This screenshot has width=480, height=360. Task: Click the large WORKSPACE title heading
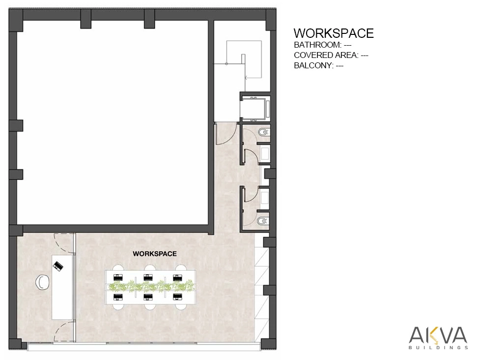click(x=334, y=33)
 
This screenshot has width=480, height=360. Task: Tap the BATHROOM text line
click(x=323, y=45)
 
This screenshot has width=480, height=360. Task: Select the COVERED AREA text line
click(x=331, y=55)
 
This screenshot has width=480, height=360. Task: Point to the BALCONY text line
click(x=319, y=65)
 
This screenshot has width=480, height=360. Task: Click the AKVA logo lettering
click(x=438, y=335)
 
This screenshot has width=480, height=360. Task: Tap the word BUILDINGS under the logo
click(x=438, y=347)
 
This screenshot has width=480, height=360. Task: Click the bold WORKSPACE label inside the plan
click(x=155, y=254)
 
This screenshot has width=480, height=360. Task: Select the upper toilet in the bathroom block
click(x=263, y=133)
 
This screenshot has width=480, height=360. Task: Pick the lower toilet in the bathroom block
click(x=263, y=221)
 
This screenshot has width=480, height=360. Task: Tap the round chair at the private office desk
click(x=42, y=282)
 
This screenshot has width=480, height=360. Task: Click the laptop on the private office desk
click(x=58, y=266)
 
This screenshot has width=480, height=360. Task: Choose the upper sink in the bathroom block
click(x=265, y=153)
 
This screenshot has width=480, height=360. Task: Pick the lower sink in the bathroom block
click(x=265, y=196)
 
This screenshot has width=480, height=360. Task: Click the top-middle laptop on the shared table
click(x=148, y=277)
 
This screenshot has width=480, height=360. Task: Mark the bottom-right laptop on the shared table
click(x=177, y=297)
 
